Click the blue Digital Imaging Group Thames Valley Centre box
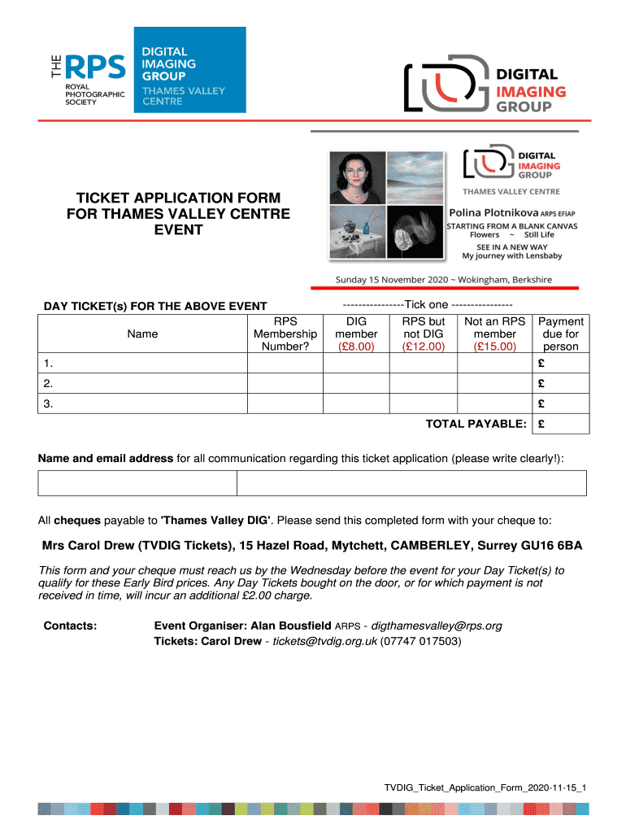[189, 70]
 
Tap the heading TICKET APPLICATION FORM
[178, 198]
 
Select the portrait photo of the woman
[358, 176]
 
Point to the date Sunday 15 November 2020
[389, 279]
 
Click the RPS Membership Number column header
[285, 334]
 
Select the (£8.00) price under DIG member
[356, 347]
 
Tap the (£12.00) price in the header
[424, 347]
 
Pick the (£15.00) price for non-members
[494, 347]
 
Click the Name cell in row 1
[142, 364]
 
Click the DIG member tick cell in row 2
[356, 384]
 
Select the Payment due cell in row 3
[559, 404]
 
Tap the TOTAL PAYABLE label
[476, 425]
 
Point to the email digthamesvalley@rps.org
[437, 626]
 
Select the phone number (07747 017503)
[421, 641]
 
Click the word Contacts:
[69, 626]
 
